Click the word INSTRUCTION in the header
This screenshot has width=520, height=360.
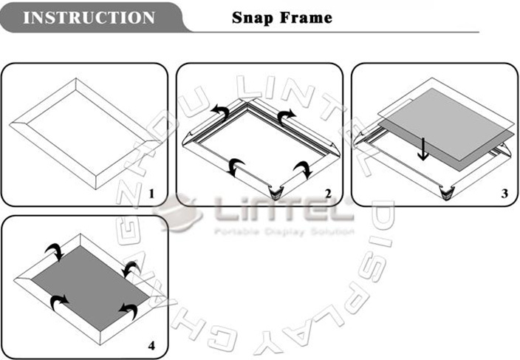pyautogui.click(x=89, y=18)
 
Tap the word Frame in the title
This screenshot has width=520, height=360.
pyautogui.click(x=306, y=18)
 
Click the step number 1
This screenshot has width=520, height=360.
pyautogui.click(x=151, y=194)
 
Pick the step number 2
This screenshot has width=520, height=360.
pyautogui.click(x=328, y=194)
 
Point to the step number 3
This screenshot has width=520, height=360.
pyautogui.click(x=504, y=194)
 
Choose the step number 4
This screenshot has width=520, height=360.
pyautogui.click(x=151, y=346)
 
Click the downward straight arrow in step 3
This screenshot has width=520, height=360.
pyautogui.click(x=422, y=149)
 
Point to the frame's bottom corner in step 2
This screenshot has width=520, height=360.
pyautogui.click(x=276, y=193)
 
